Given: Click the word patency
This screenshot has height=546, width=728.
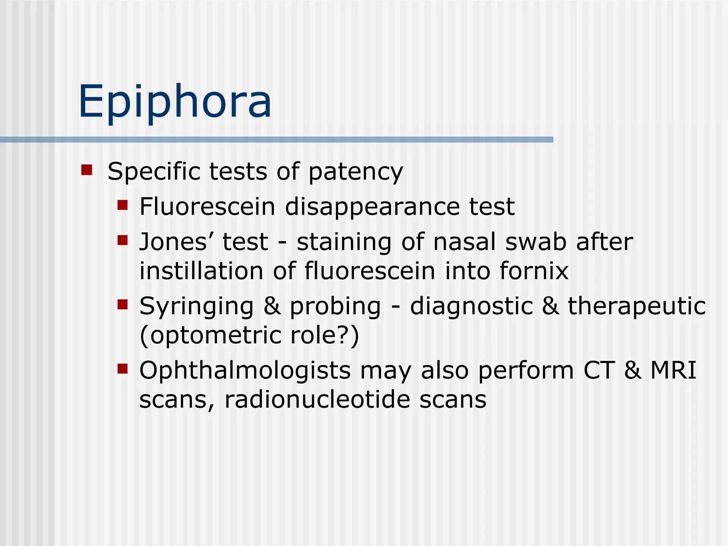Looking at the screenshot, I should (355, 172).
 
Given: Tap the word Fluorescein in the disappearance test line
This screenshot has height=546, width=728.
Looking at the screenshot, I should (208, 207).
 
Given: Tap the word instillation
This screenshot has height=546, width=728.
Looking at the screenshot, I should (201, 271).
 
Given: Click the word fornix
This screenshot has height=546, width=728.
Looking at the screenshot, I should (534, 271).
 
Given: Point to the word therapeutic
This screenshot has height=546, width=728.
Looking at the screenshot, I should (637, 306).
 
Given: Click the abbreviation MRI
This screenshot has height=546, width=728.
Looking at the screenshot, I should (673, 370).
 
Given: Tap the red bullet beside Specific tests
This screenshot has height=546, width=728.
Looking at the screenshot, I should (87, 170).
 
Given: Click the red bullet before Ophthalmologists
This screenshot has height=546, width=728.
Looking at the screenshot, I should (122, 369).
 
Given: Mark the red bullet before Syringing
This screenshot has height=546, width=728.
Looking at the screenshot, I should (122, 305).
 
